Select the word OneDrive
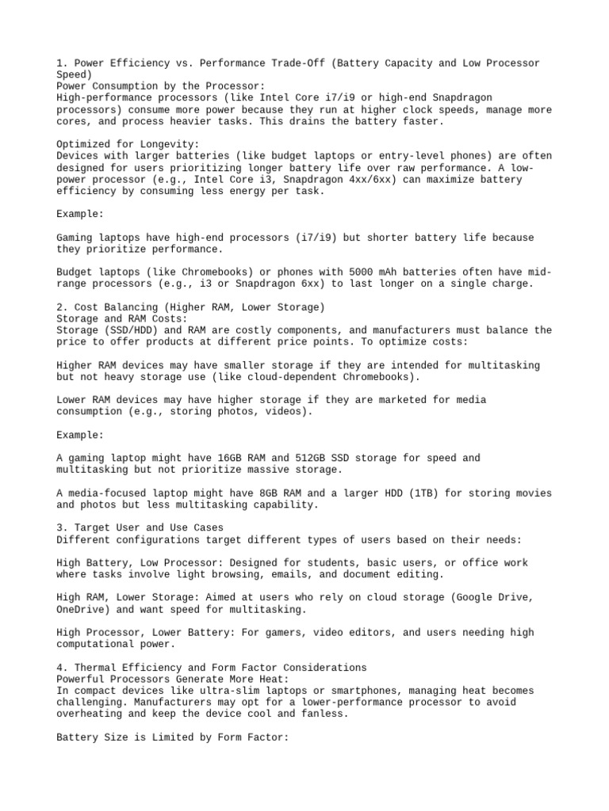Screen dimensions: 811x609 point(83,609)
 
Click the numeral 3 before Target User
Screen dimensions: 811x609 point(60,527)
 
